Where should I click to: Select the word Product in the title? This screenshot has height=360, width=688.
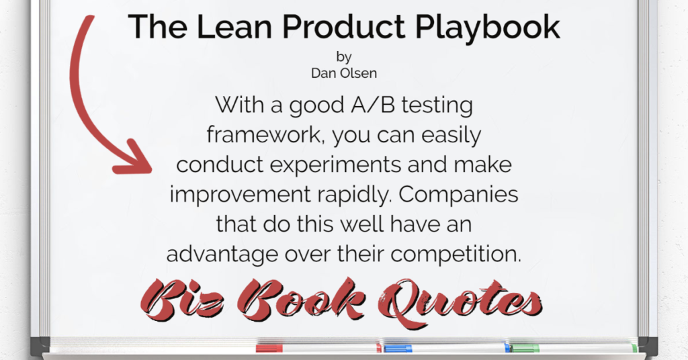click(344, 27)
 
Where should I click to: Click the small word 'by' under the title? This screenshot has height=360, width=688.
click(344, 57)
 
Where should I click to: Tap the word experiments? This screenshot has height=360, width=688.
click(335, 165)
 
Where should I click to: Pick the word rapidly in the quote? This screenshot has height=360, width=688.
click(355, 195)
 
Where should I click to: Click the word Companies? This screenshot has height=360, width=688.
click(458, 195)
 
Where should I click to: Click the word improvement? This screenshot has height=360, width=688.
click(240, 195)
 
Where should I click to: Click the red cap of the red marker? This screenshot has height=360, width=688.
click(269, 349)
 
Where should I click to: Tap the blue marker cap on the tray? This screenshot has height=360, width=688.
click(398, 349)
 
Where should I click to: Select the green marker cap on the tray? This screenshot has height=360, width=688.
click(525, 349)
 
